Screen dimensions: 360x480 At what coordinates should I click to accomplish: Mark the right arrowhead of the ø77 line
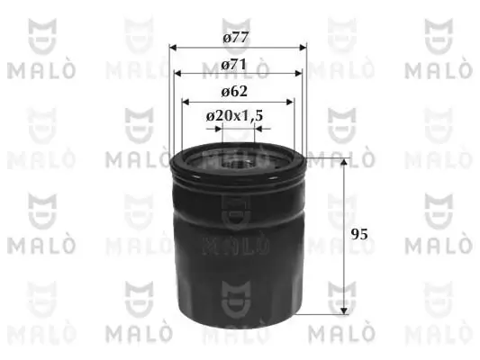[x=303, y=49]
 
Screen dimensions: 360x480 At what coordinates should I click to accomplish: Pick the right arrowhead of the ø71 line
[x=298, y=75]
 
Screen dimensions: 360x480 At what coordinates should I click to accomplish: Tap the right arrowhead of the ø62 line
[x=291, y=101]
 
